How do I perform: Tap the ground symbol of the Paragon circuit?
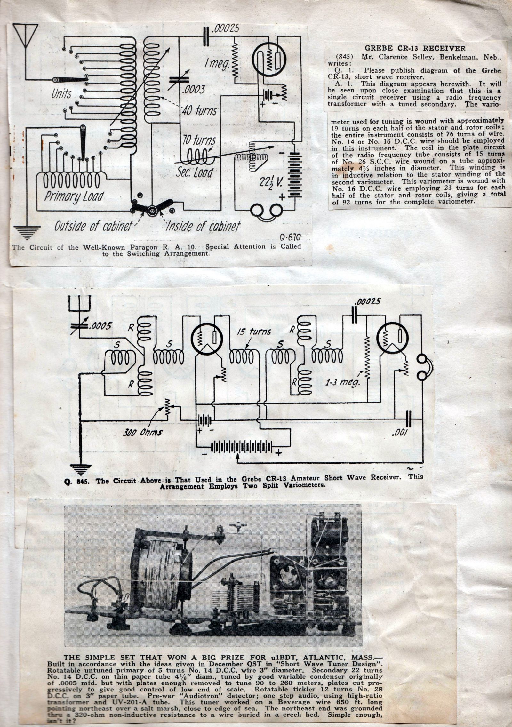click(x=28, y=232)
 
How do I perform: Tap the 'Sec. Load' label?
click(x=195, y=172)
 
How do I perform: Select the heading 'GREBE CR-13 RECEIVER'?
click(x=415, y=48)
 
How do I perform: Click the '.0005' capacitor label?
click(x=100, y=326)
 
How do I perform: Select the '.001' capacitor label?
click(x=399, y=433)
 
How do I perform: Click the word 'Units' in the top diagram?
click(x=62, y=94)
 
